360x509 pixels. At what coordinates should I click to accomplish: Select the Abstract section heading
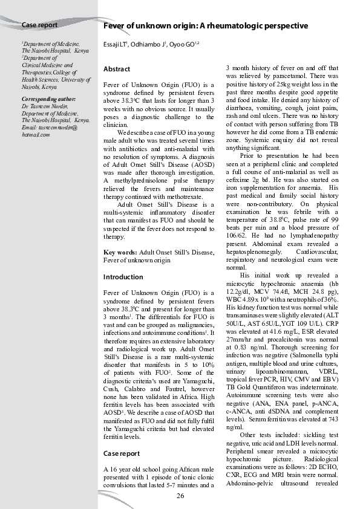(x=117, y=70)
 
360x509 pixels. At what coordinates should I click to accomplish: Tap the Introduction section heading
(x=123, y=277)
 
